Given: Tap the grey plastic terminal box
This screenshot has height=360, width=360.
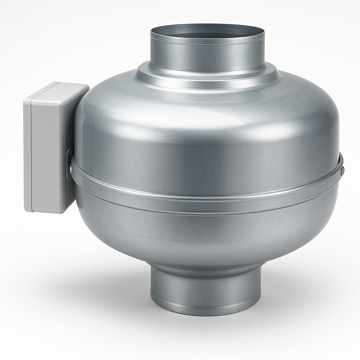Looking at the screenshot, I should point(53,148).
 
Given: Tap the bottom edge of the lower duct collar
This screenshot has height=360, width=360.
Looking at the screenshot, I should point(206,314).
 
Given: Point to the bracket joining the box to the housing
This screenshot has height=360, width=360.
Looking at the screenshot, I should point(71,162).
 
